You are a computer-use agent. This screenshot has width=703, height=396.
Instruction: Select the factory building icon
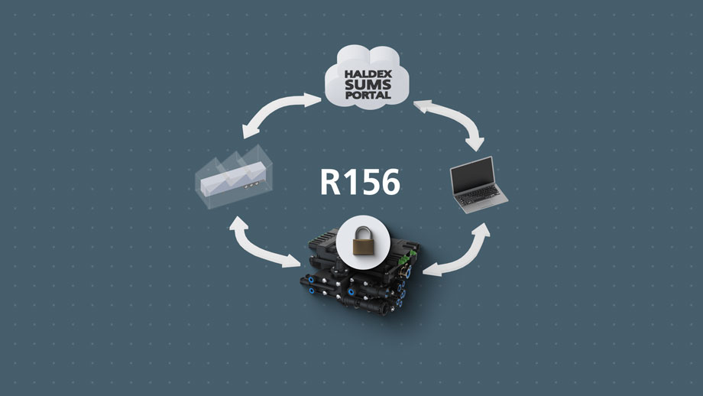(228, 178)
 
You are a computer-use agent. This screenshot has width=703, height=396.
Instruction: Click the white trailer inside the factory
(230, 181)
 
